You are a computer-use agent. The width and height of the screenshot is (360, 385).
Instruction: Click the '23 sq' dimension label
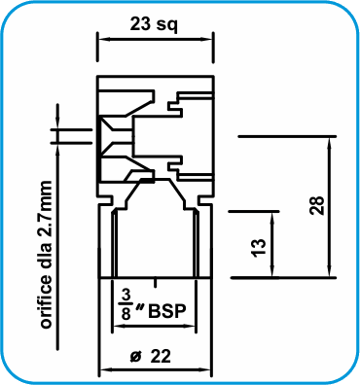154,24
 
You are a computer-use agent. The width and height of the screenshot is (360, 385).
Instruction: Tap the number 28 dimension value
317,205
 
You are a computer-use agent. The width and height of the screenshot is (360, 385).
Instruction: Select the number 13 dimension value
259,248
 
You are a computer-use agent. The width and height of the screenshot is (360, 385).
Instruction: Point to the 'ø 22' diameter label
150,357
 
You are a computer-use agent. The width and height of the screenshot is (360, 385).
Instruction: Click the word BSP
167,311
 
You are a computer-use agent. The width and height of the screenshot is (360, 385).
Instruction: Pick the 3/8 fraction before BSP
126,304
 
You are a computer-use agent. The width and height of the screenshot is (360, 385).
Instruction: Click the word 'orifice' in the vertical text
46,300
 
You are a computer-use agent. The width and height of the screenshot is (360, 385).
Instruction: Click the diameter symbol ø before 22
136,357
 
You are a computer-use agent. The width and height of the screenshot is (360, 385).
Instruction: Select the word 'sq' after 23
167,26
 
